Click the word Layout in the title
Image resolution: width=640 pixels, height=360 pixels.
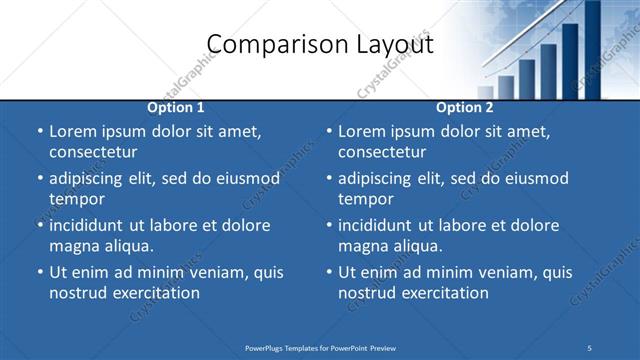[391, 44]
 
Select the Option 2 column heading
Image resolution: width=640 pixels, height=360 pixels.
[464, 107]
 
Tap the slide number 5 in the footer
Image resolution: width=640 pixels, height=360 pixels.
[590, 347]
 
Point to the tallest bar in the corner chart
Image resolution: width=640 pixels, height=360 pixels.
[592, 45]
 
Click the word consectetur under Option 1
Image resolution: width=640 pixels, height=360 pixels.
[93, 152]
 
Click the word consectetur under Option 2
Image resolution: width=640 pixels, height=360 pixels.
[382, 152]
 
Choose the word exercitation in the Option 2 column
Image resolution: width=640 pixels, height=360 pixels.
[442, 293]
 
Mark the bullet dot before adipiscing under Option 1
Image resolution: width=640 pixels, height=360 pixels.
[39, 179]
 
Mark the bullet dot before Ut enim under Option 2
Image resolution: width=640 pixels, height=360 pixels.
[328, 272]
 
